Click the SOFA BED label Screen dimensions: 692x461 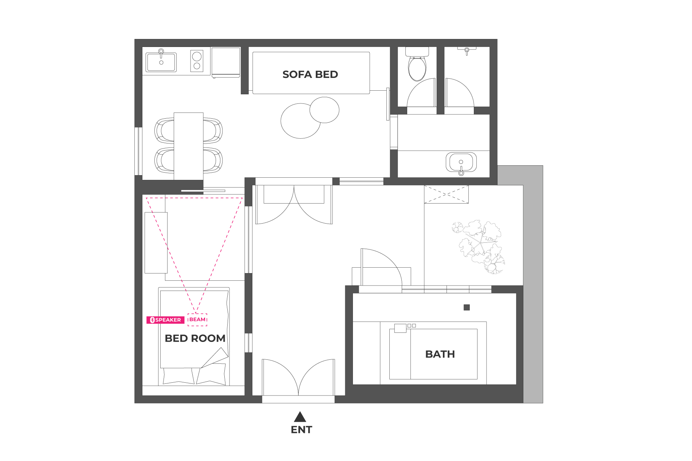click(310, 74)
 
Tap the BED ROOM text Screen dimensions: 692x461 click(195, 338)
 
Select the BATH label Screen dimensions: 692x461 click(440, 354)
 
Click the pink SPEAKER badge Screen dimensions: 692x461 click(165, 320)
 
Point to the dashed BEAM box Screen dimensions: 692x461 click(197, 319)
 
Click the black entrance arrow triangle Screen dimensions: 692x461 click(300, 417)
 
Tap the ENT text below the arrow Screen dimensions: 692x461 click(302, 430)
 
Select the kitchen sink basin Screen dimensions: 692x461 click(161, 62)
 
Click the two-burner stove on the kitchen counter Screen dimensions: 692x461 click(197, 60)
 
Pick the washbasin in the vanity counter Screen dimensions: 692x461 click(461, 162)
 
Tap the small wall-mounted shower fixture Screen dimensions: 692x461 click(467, 50)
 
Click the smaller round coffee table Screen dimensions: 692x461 click(325, 110)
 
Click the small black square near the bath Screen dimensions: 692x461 click(467, 307)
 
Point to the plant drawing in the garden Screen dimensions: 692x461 click(479, 247)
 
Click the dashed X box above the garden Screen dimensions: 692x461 click(447, 194)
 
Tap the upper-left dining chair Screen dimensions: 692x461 click(165, 130)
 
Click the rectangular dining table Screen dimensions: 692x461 click(189, 146)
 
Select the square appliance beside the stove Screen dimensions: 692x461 click(226, 62)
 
